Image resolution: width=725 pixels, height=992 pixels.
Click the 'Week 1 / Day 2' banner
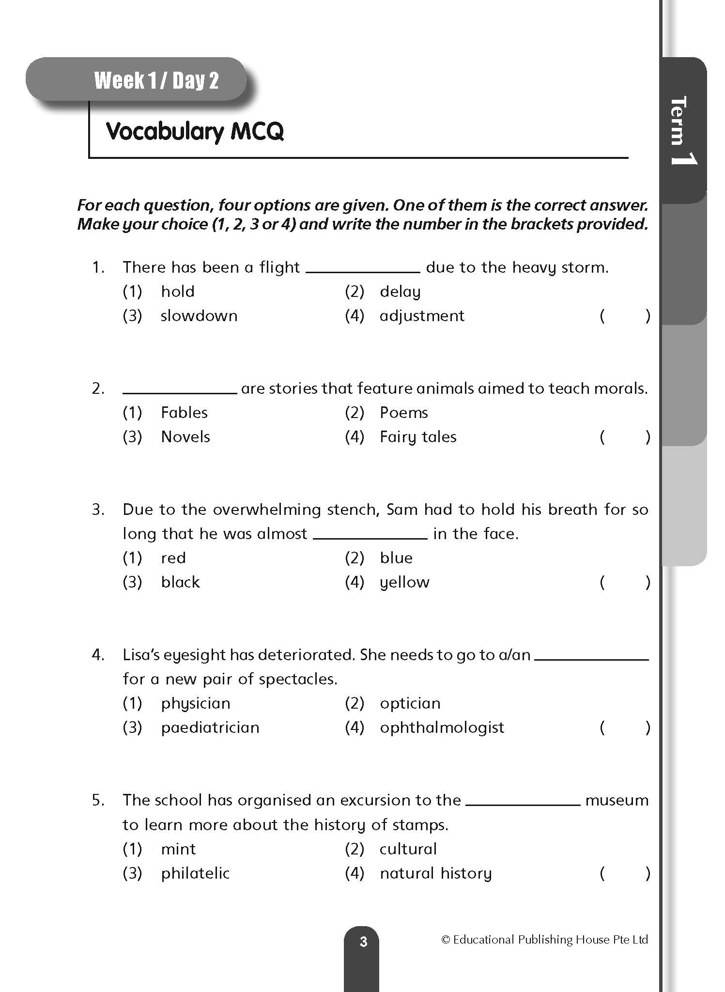pos(156,80)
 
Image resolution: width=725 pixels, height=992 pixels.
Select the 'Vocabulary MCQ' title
pos(195,131)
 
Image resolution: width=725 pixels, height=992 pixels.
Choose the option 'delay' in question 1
pos(400,292)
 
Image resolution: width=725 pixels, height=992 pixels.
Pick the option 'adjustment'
pos(422,316)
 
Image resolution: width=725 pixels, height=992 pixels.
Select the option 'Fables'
pos(184,413)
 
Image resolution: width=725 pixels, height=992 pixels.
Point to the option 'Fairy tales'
pos(418,437)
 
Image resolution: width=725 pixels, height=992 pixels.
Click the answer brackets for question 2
pos(625,437)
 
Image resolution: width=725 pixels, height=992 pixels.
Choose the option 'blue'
pos(396,558)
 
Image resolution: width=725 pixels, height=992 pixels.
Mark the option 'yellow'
pos(404,582)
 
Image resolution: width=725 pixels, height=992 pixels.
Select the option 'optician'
pos(410,703)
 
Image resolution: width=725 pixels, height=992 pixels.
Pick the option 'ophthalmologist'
pos(442,728)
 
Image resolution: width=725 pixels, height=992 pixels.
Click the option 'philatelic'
pos(195,873)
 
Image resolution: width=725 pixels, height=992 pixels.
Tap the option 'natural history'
pos(435,873)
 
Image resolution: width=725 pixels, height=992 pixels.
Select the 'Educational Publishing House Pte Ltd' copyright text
pos(544,940)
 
